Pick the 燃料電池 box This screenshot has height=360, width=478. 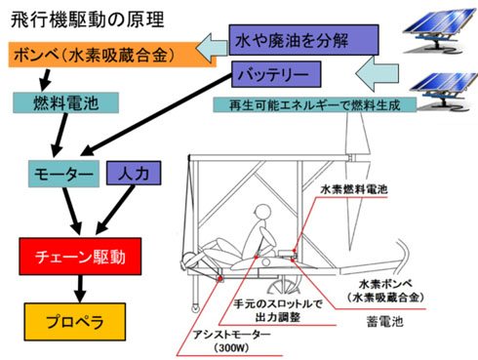[66, 101]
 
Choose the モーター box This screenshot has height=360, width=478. [61, 174]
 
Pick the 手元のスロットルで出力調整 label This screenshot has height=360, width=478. [282, 309]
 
